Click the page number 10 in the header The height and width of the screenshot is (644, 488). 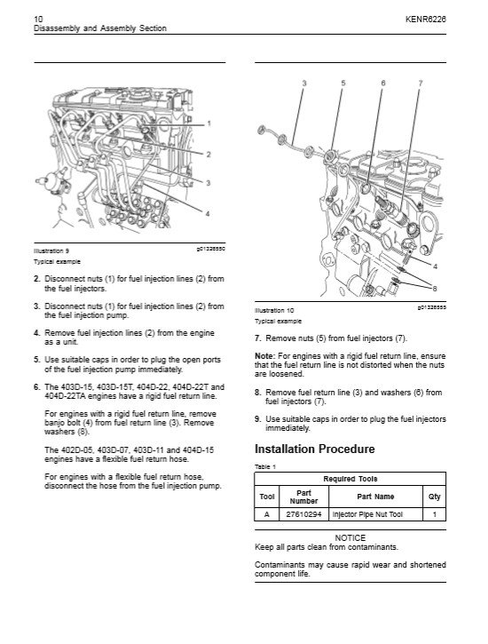(x=38, y=19)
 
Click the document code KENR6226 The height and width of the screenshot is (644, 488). (x=426, y=19)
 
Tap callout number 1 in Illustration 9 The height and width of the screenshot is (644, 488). (x=209, y=123)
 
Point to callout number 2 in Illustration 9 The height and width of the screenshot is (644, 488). (x=209, y=155)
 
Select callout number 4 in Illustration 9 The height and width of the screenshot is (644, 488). (x=208, y=213)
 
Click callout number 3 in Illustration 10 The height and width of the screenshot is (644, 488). (x=304, y=83)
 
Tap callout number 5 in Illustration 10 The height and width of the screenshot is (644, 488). (x=343, y=83)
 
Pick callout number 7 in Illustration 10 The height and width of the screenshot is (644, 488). (x=421, y=83)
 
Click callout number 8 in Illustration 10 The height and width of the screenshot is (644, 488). (x=435, y=289)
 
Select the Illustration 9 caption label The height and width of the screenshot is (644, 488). (x=51, y=251)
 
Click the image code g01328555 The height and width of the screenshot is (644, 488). (x=432, y=306)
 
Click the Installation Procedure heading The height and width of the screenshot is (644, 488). (x=314, y=449)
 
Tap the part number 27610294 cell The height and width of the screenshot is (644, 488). (x=303, y=514)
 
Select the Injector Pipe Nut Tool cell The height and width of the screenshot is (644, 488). (x=367, y=514)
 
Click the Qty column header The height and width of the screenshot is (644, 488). (x=434, y=497)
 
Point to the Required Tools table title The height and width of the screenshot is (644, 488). (x=350, y=479)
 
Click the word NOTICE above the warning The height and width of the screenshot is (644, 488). (x=350, y=537)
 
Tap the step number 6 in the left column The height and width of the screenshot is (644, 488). (x=37, y=387)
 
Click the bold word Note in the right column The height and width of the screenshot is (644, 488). (x=264, y=356)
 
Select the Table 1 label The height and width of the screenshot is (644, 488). (x=265, y=466)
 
